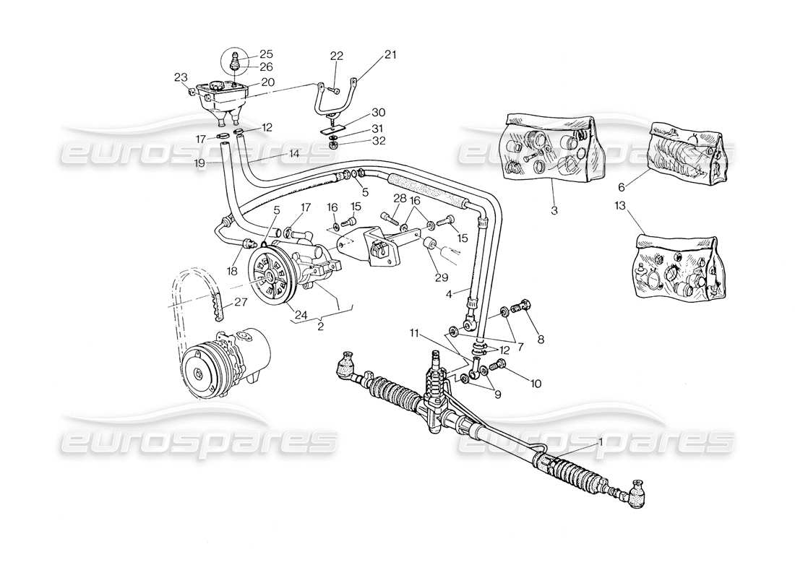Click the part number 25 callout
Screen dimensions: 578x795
point(246,54)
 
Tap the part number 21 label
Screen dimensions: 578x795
point(371,54)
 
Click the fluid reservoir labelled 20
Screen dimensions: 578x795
point(220,100)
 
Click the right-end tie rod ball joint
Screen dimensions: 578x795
point(638,496)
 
